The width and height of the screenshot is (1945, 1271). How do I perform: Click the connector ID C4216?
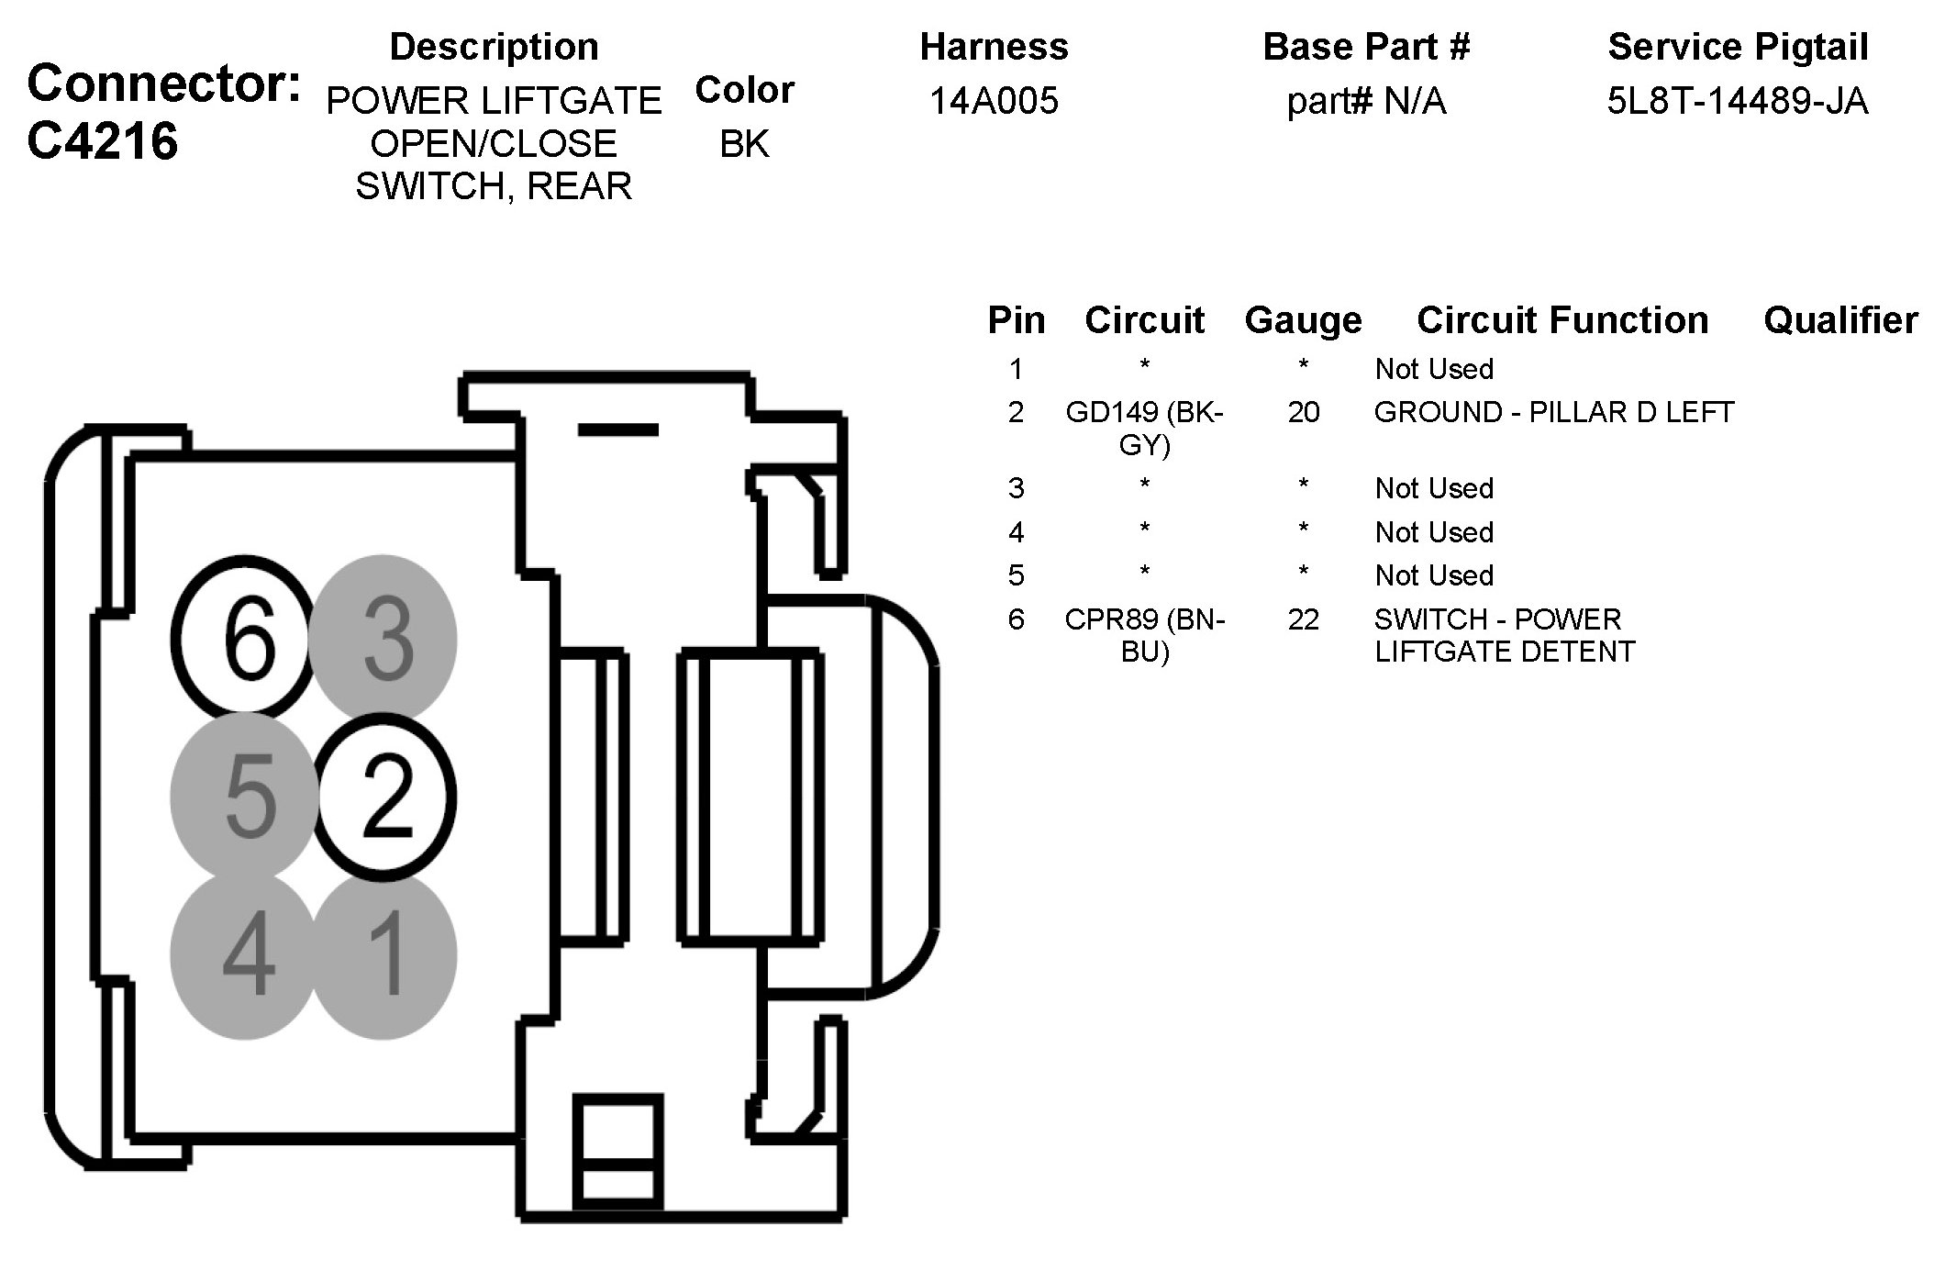pos(103,141)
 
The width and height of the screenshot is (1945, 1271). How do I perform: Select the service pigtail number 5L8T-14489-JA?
pos(1738,100)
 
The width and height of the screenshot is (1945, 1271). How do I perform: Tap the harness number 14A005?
pos(994,100)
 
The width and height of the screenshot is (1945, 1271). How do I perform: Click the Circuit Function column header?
pos(1562,320)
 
